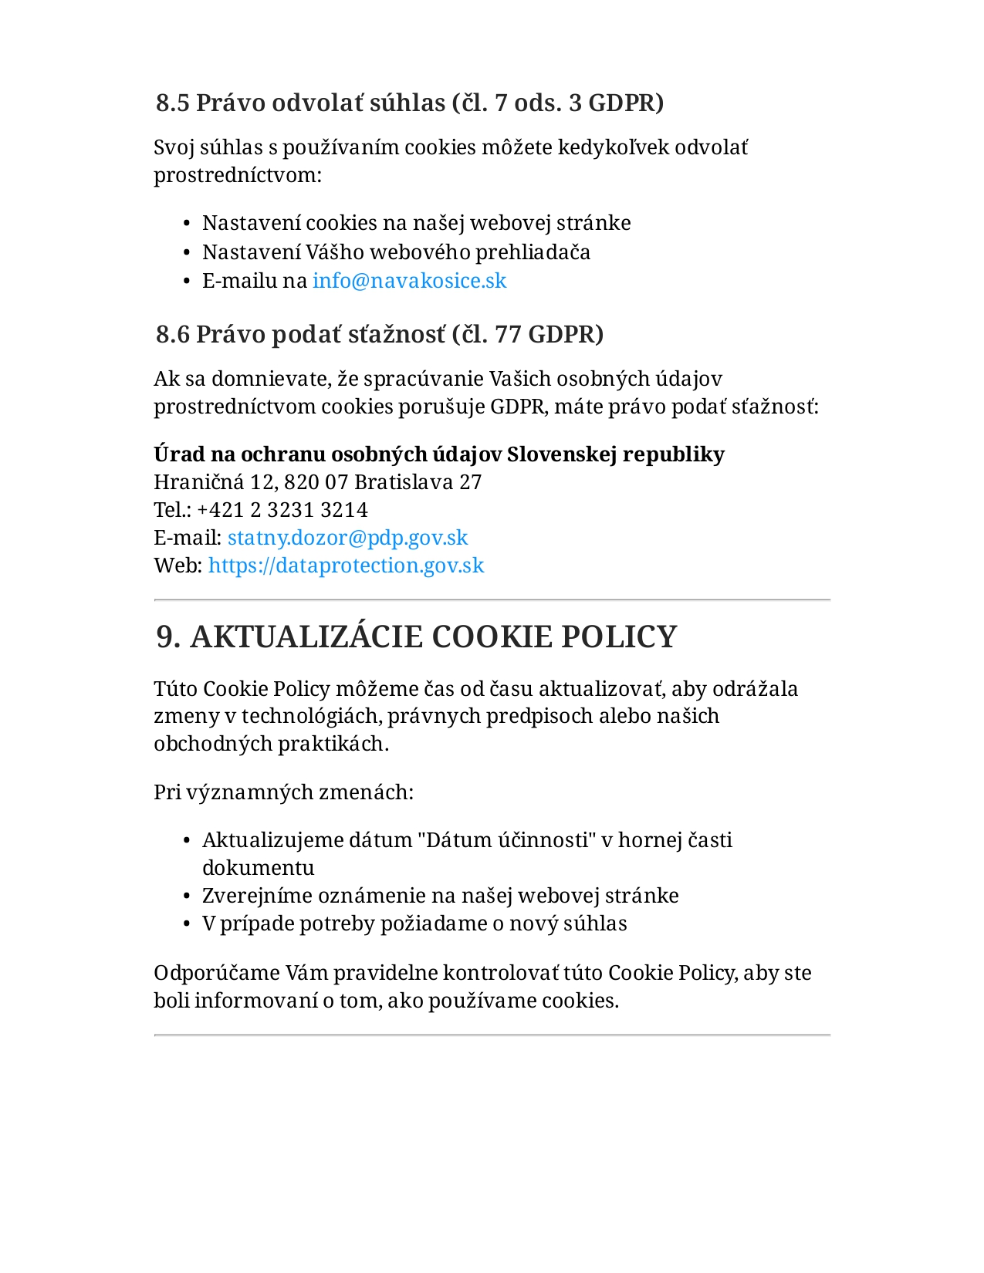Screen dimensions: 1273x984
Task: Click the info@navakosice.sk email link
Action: click(409, 281)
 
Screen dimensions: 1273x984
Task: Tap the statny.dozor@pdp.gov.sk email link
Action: click(347, 538)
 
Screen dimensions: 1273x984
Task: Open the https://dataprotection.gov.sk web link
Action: click(346, 566)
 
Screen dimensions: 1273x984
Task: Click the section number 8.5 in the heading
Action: click(172, 103)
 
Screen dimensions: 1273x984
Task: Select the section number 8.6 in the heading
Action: click(172, 334)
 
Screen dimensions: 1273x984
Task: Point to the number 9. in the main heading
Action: click(169, 637)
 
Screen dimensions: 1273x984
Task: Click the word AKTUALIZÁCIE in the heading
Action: click(306, 637)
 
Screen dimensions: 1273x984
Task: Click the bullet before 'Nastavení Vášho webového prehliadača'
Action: click(187, 253)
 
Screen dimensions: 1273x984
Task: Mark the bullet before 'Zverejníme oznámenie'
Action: click(187, 897)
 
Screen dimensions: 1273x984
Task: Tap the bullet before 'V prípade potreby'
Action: click(187, 924)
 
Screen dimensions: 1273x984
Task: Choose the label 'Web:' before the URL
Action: click(178, 566)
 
